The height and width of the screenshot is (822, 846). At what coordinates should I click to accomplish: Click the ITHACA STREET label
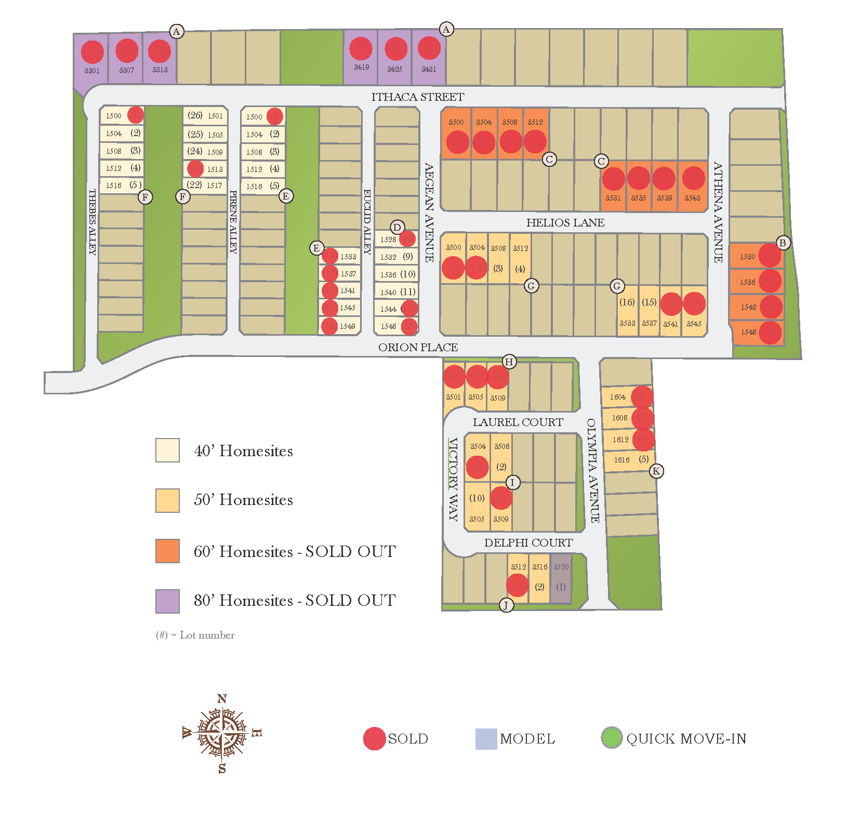click(418, 97)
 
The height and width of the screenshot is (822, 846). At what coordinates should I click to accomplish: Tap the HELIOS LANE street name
click(565, 223)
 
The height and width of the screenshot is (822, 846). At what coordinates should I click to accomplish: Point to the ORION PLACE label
click(418, 348)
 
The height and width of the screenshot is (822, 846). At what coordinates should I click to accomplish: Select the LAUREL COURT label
click(518, 422)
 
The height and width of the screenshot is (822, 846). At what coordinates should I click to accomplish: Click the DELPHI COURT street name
click(528, 543)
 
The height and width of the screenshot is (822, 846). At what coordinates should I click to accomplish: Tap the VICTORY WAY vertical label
click(453, 479)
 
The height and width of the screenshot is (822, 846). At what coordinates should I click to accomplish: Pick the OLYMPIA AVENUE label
click(593, 471)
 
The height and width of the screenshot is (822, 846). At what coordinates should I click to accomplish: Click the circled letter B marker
click(783, 243)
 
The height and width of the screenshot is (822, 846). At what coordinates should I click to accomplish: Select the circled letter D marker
click(397, 227)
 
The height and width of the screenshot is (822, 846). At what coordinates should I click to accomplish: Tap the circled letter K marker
click(656, 471)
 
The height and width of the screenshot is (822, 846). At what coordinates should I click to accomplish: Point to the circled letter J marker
click(506, 605)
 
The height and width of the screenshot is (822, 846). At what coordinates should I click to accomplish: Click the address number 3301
click(92, 71)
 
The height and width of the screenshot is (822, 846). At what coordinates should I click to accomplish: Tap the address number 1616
click(622, 460)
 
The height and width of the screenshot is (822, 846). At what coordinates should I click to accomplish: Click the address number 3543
click(692, 198)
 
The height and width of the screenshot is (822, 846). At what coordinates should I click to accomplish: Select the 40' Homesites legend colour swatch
click(167, 450)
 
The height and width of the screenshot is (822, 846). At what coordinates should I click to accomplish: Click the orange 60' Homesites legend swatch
click(167, 551)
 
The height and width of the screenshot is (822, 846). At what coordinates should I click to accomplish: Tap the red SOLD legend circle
click(374, 738)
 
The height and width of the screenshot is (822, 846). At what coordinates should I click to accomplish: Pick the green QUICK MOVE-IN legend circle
click(612, 738)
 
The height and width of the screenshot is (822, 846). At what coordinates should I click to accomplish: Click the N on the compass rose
click(222, 699)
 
